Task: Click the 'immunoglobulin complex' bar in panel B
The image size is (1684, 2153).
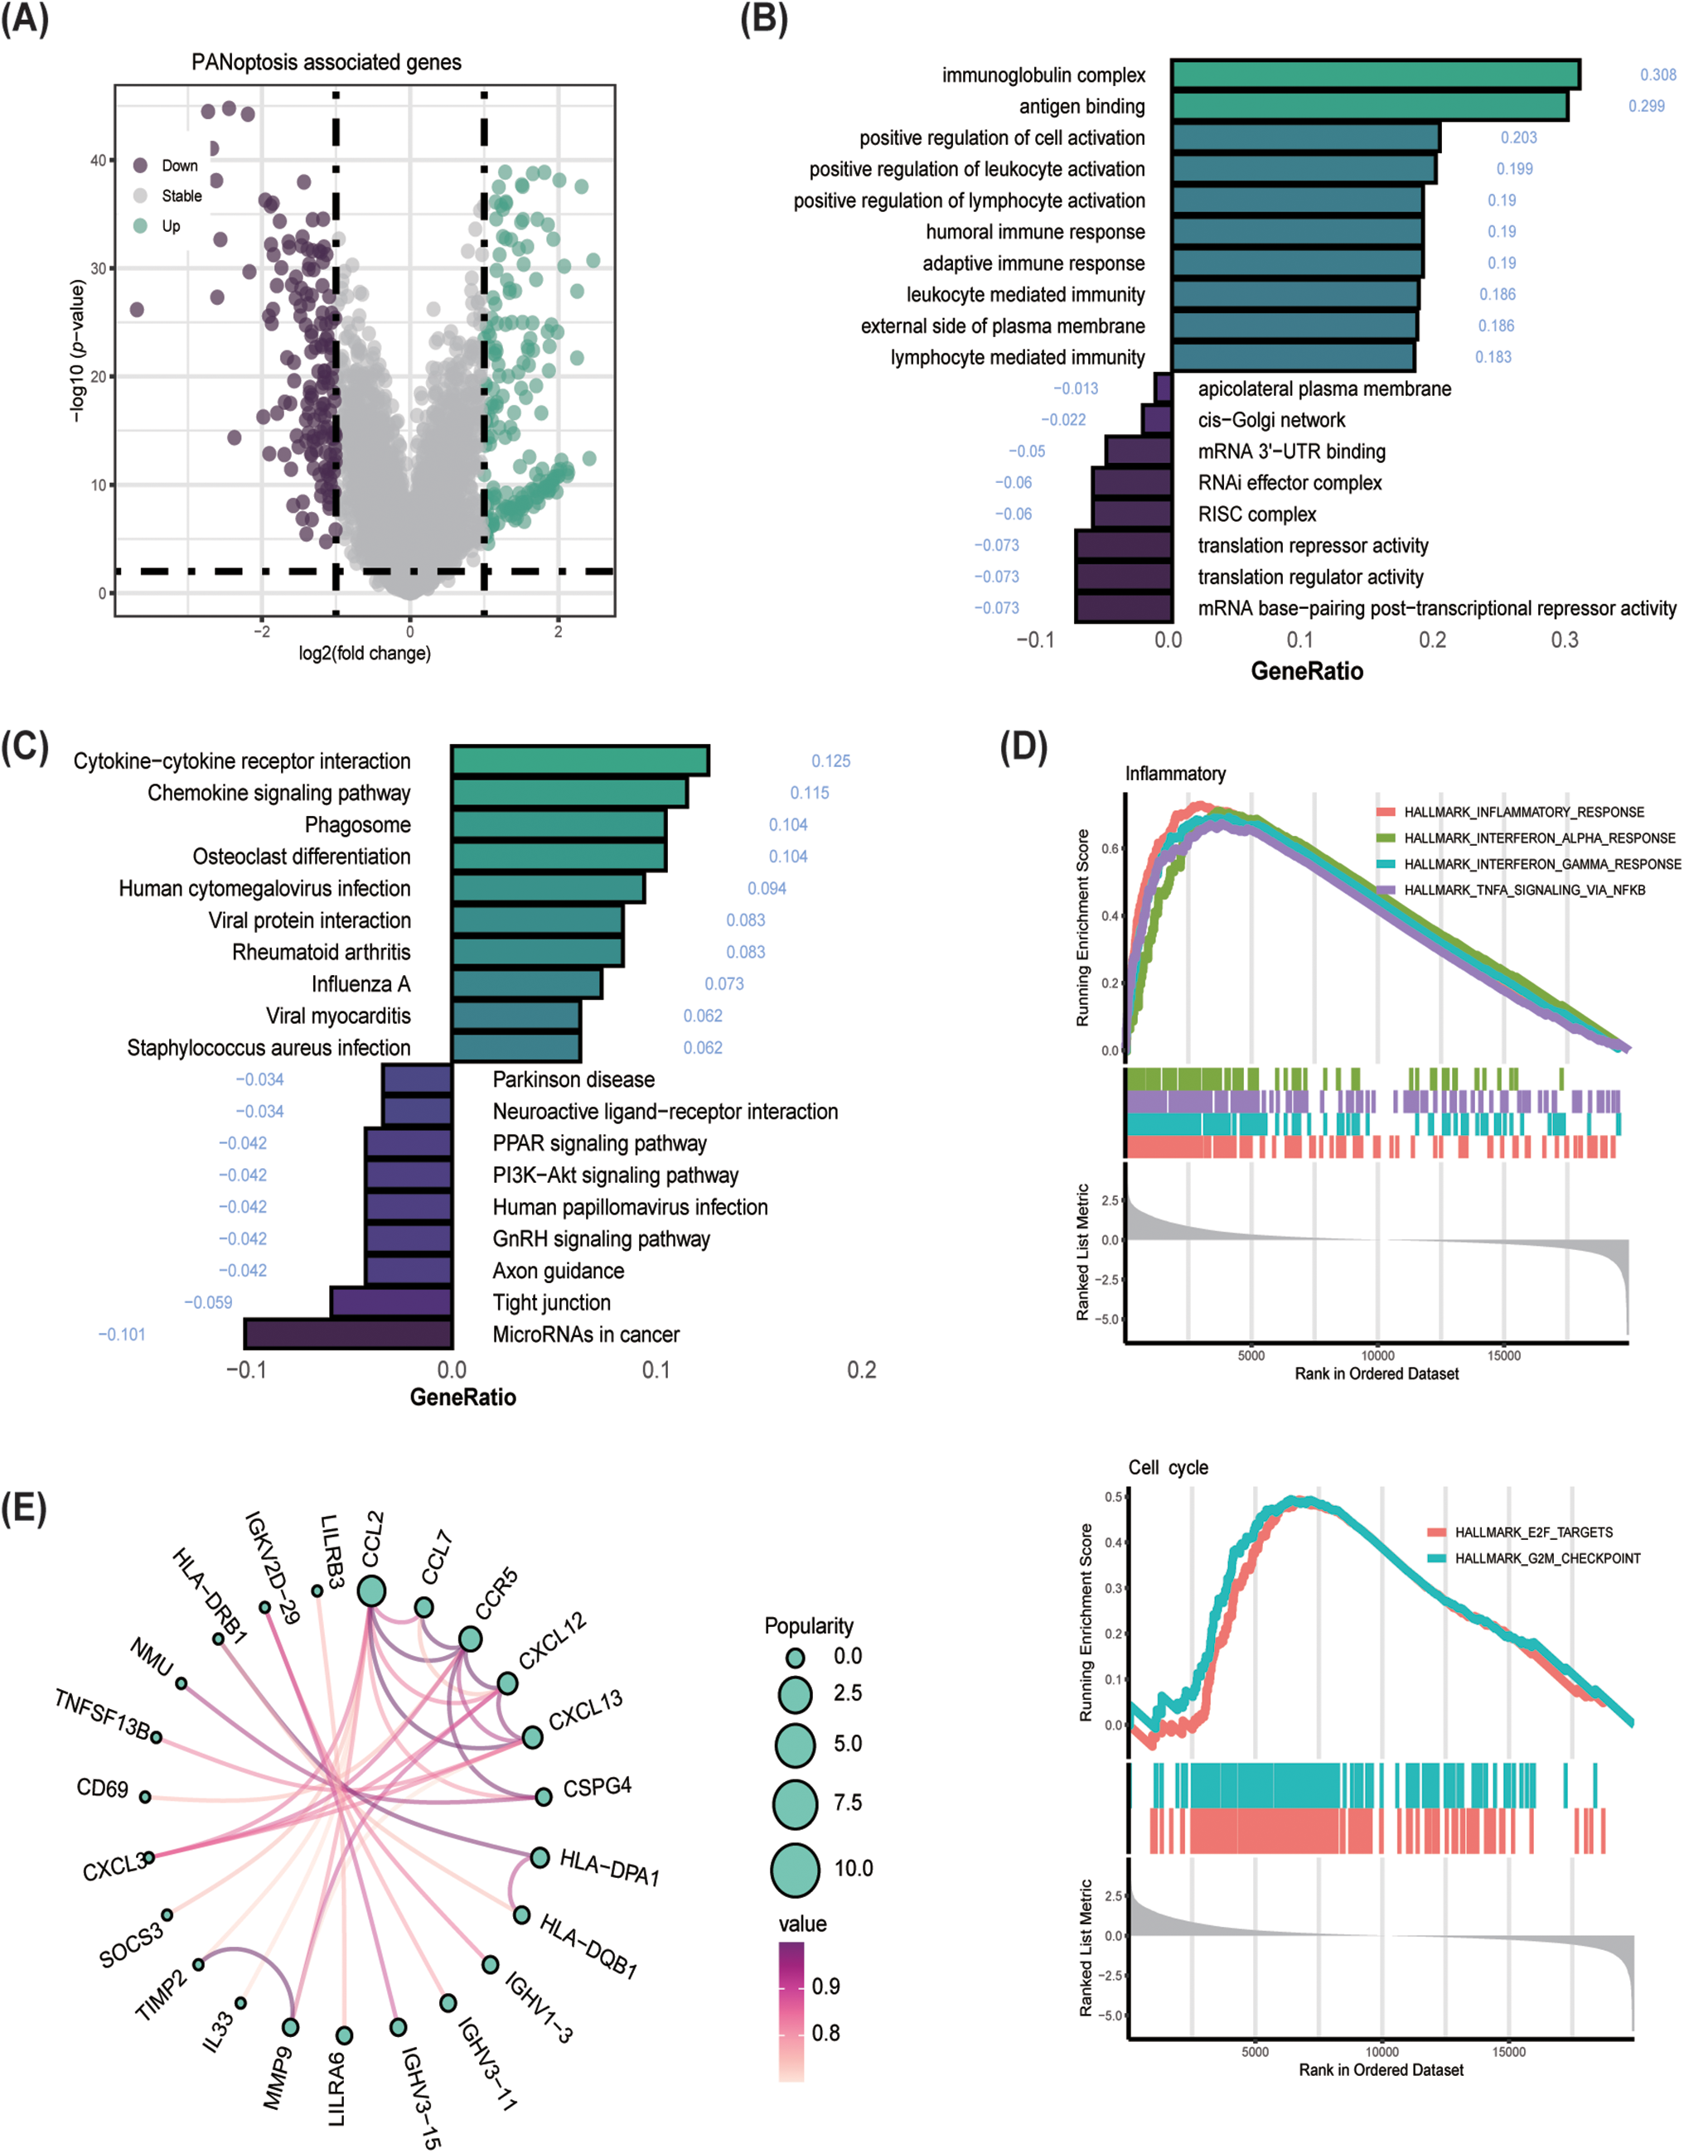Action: coord(1376,75)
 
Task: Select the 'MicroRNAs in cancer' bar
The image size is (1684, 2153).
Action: coord(348,1334)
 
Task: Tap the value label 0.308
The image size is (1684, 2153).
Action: coord(1657,75)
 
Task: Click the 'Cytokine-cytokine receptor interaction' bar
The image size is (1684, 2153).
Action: coord(580,761)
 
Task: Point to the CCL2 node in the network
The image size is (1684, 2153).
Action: coord(370,1590)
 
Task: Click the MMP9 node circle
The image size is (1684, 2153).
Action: coord(290,2027)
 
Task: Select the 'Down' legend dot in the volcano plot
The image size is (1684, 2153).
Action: coord(141,166)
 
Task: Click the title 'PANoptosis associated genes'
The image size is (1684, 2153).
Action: coord(327,62)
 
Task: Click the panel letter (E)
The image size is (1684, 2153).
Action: coord(24,1509)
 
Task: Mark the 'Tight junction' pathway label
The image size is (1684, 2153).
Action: coord(551,1302)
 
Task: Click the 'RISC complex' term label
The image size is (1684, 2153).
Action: coord(1256,514)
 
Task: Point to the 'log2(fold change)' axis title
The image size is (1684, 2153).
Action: coord(365,653)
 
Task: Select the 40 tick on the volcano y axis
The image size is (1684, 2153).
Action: coord(98,160)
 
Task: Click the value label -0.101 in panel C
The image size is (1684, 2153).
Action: coord(121,1334)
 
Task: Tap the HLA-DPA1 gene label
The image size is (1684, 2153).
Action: coord(609,1867)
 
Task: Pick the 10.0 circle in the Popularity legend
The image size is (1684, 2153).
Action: coord(795,1869)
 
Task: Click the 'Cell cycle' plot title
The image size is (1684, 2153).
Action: coord(1168,1467)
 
